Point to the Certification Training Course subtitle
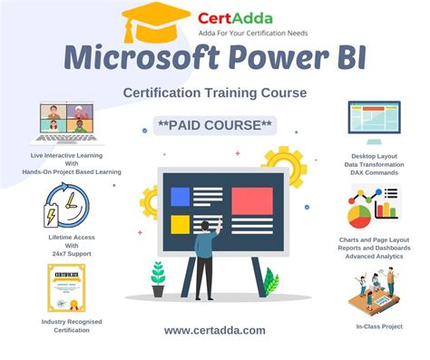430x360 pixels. (x=214, y=92)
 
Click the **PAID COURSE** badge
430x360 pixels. (x=214, y=124)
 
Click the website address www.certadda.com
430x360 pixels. (x=215, y=331)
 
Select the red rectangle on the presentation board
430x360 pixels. (x=252, y=199)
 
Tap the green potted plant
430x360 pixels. (x=158, y=273)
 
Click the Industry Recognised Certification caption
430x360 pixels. (x=65, y=326)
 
